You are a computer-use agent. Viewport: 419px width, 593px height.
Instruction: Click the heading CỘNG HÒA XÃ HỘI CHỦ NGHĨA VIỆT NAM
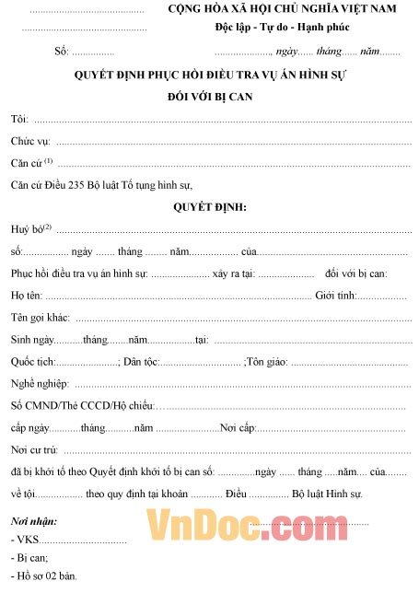click(x=287, y=9)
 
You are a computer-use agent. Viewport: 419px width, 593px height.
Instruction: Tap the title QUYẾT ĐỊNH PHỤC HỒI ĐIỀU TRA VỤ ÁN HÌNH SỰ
click(x=210, y=76)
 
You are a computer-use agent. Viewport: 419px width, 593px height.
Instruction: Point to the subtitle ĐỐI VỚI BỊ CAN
click(x=210, y=96)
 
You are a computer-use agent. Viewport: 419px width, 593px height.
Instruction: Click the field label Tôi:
click(x=19, y=120)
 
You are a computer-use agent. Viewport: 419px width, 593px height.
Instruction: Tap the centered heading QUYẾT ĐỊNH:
click(x=210, y=207)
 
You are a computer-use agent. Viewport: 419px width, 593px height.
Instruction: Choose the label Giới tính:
click(x=337, y=296)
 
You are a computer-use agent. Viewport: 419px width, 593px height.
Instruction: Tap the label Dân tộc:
click(x=144, y=362)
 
